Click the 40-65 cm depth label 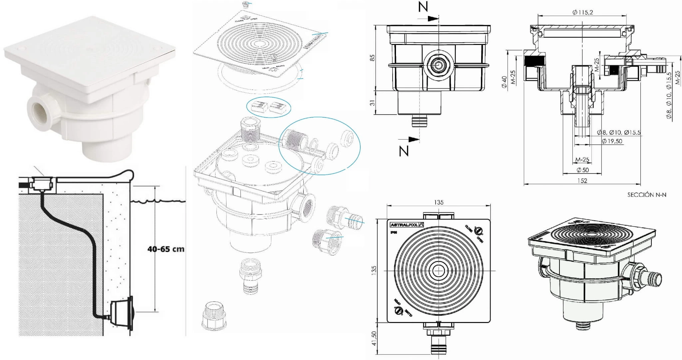click(x=166, y=249)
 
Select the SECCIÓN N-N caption click(x=647, y=195)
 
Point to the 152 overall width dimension click(x=582, y=180)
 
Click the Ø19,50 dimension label click(x=612, y=141)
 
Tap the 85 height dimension click(x=373, y=58)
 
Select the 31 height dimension click(x=373, y=103)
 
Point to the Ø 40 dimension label click(x=504, y=82)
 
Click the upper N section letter click(x=423, y=7)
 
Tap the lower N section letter click(x=404, y=151)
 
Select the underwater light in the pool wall click(x=123, y=313)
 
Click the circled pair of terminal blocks click(x=268, y=107)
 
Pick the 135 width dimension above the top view click(x=439, y=202)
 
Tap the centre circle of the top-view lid click(x=439, y=271)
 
